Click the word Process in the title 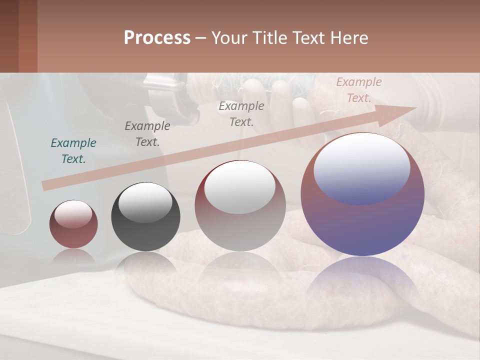157,38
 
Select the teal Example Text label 73,151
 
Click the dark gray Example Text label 147,134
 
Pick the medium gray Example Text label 241,113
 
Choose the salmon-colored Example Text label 358,90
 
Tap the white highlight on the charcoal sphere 145,203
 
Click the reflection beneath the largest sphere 362,280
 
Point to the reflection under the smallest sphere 73,257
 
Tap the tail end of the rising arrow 46,185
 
